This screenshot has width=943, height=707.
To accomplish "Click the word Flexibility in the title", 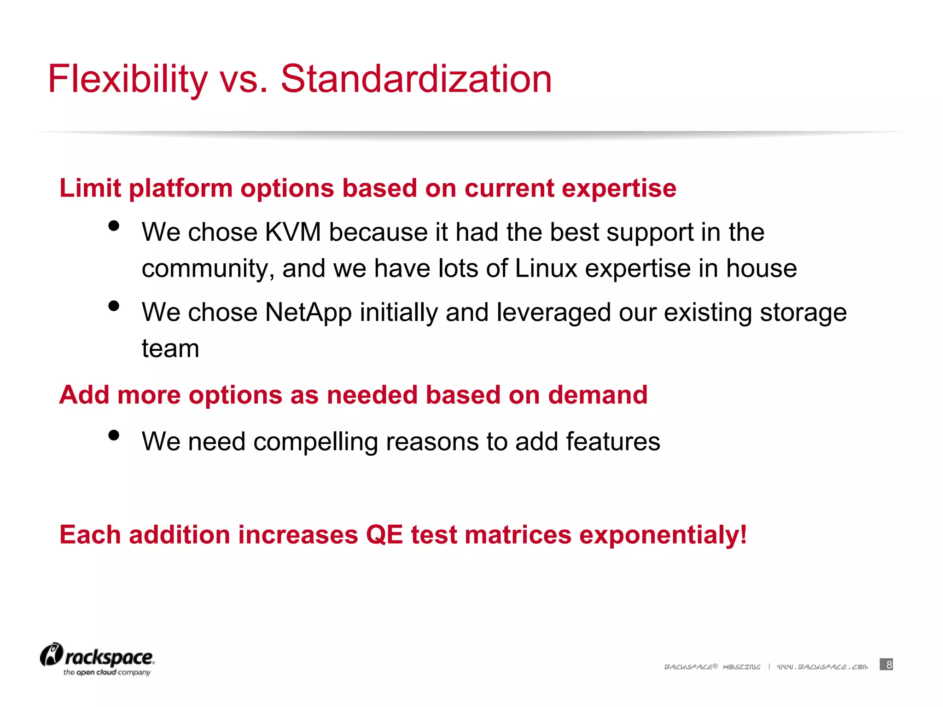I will coord(128,79).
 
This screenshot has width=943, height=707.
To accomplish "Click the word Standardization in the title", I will coord(416,79).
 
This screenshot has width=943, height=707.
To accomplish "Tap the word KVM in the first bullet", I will coord(293,232).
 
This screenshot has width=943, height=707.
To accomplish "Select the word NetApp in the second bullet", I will coord(308,313).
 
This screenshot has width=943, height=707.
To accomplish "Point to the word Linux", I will coord(546,268).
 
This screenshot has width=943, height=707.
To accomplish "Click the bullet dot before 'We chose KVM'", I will coord(114,226).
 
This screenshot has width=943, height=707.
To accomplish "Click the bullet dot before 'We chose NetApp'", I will coord(114,306).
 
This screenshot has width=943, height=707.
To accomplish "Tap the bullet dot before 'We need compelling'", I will coord(114,435).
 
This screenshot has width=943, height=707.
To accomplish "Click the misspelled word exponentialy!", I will coord(663,535).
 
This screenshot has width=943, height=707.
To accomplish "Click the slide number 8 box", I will coord(886,664).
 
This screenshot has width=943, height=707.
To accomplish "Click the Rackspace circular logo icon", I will coord(51,655).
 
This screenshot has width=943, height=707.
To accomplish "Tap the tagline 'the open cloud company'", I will coord(107,672).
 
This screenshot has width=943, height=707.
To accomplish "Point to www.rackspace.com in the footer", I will coord(822,667).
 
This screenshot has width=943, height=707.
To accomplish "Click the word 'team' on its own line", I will coord(170,348).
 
